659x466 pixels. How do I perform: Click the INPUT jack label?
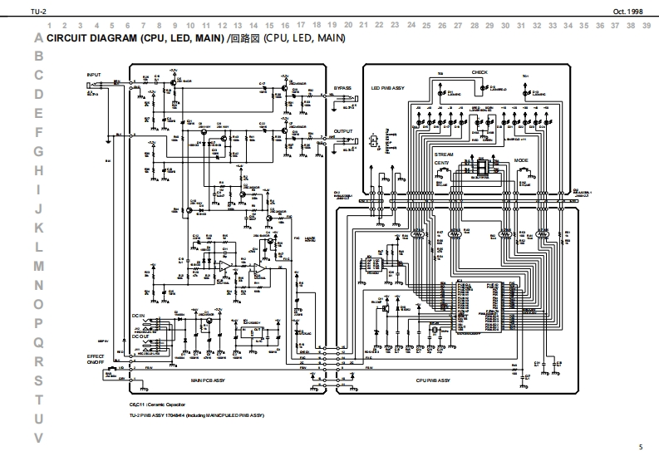pos(93,75)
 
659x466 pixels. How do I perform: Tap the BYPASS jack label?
pos(343,87)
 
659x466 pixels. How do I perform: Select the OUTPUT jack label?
pos(343,131)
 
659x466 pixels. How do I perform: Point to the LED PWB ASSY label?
pos(388,87)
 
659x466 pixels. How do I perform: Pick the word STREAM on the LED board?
pos(444,154)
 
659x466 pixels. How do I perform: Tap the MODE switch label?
pos(521,159)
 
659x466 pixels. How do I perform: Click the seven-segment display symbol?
pos(483,169)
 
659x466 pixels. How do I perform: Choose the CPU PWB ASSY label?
pos(433,380)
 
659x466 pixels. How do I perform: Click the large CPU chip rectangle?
pos(478,307)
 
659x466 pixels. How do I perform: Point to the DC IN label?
pos(138,316)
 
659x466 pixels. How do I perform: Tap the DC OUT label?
pos(140,336)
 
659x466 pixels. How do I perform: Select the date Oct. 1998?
pos(628,11)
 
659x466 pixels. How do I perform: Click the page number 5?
pos(641,448)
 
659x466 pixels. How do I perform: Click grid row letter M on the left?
pos(38,266)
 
